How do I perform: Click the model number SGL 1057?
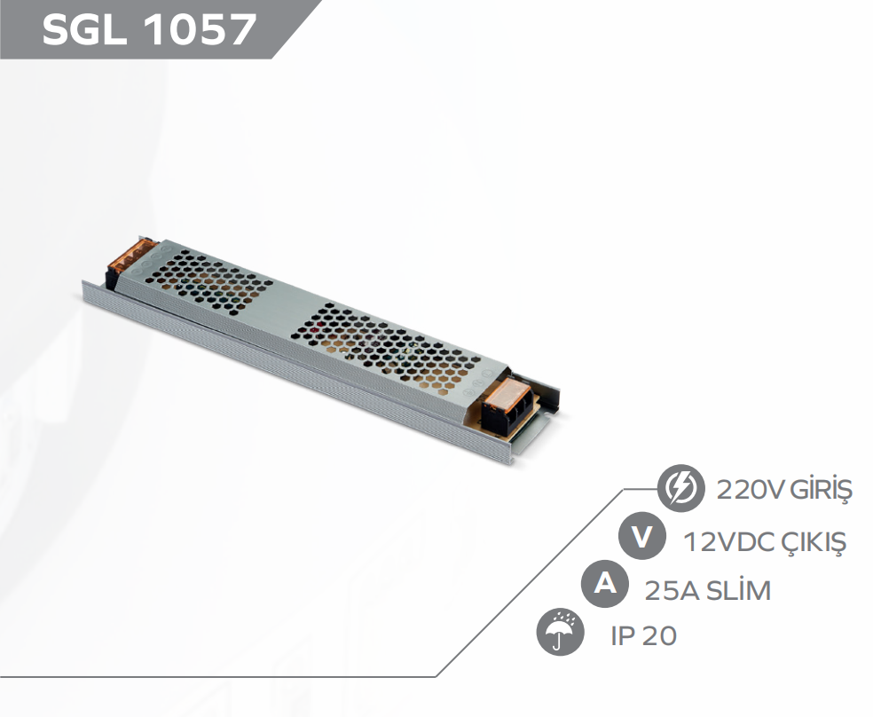coord(149,30)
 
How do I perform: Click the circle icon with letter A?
coord(603,586)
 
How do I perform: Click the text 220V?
coord(743,490)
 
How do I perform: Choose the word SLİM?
coord(738,589)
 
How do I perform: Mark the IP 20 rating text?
coord(643,636)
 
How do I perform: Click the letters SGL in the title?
coord(83,30)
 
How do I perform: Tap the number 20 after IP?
coord(660,636)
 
